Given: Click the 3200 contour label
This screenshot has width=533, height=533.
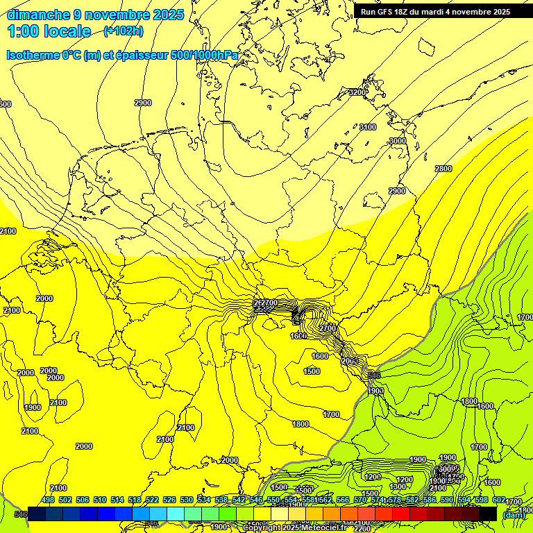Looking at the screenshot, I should coord(357,92).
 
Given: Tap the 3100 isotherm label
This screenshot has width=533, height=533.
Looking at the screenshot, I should coord(368,127).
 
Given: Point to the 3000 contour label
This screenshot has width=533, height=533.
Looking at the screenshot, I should coord(398,141).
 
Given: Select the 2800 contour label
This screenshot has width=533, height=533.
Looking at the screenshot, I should coord(443,169).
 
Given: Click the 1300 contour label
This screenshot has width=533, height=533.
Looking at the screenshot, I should coord(398,487).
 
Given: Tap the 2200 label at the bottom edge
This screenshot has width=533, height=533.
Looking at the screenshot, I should coord(362,529).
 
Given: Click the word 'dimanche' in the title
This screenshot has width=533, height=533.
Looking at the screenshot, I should coord(37,15).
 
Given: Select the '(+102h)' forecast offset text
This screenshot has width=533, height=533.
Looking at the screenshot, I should coord(124,31).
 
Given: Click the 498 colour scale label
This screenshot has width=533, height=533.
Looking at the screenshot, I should coord(48,500).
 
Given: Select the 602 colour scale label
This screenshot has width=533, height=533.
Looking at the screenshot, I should coord(499,500).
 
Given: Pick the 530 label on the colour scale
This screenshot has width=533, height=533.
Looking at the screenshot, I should coord(187,500).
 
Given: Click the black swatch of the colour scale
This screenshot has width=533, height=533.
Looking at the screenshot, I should coord(488,514).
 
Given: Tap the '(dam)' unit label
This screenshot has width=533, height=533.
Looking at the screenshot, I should coord(514,514).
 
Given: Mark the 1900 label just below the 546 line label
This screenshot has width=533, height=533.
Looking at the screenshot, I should coord(376,391).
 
